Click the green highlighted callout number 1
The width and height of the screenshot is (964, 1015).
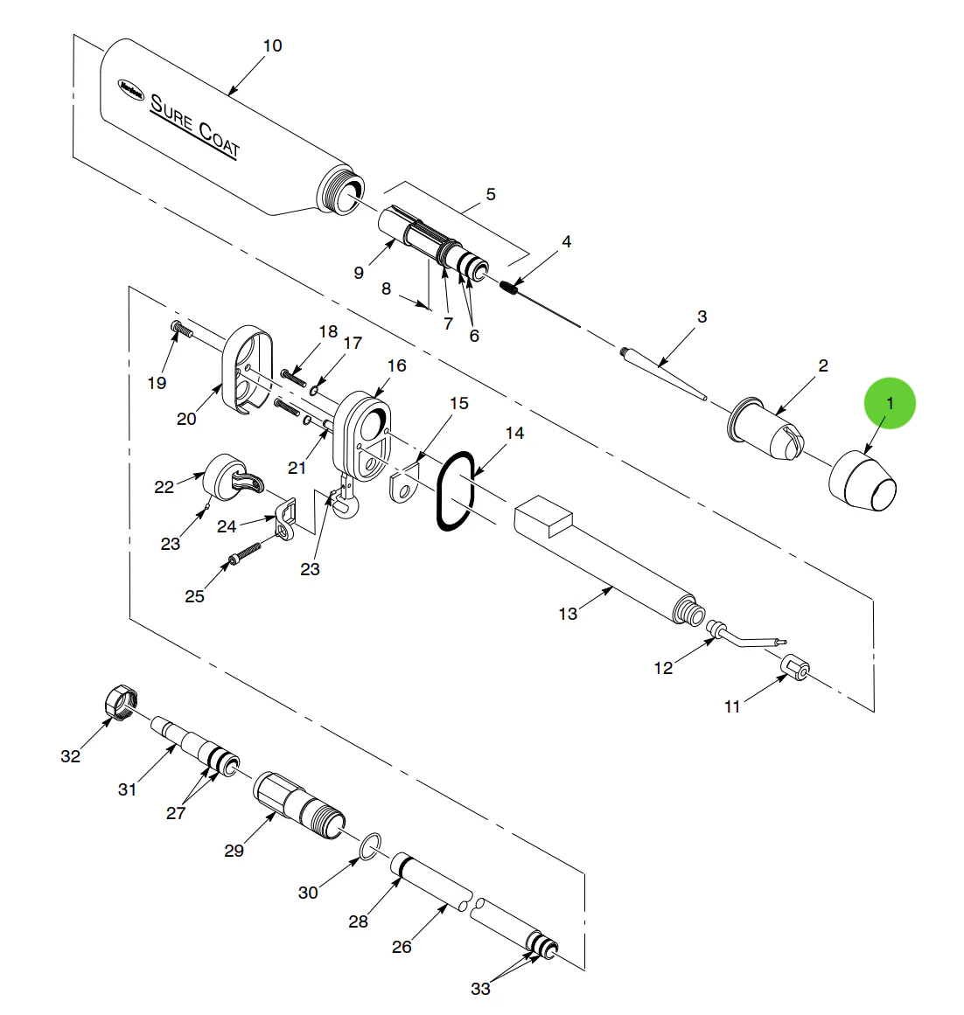pyautogui.click(x=890, y=403)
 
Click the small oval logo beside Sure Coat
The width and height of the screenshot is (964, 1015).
pyautogui.click(x=131, y=87)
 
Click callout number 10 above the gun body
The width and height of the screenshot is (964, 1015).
pyautogui.click(x=272, y=45)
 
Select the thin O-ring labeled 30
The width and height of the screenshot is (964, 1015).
pyautogui.click(x=371, y=845)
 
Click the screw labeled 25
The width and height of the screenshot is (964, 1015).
pyautogui.click(x=246, y=553)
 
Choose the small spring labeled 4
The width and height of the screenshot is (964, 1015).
pyautogui.click(x=512, y=288)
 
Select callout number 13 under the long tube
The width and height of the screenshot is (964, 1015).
pyautogui.click(x=568, y=614)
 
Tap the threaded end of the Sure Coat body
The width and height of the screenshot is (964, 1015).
pyautogui.click(x=340, y=192)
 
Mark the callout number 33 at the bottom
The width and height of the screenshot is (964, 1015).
pyautogui.click(x=480, y=989)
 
